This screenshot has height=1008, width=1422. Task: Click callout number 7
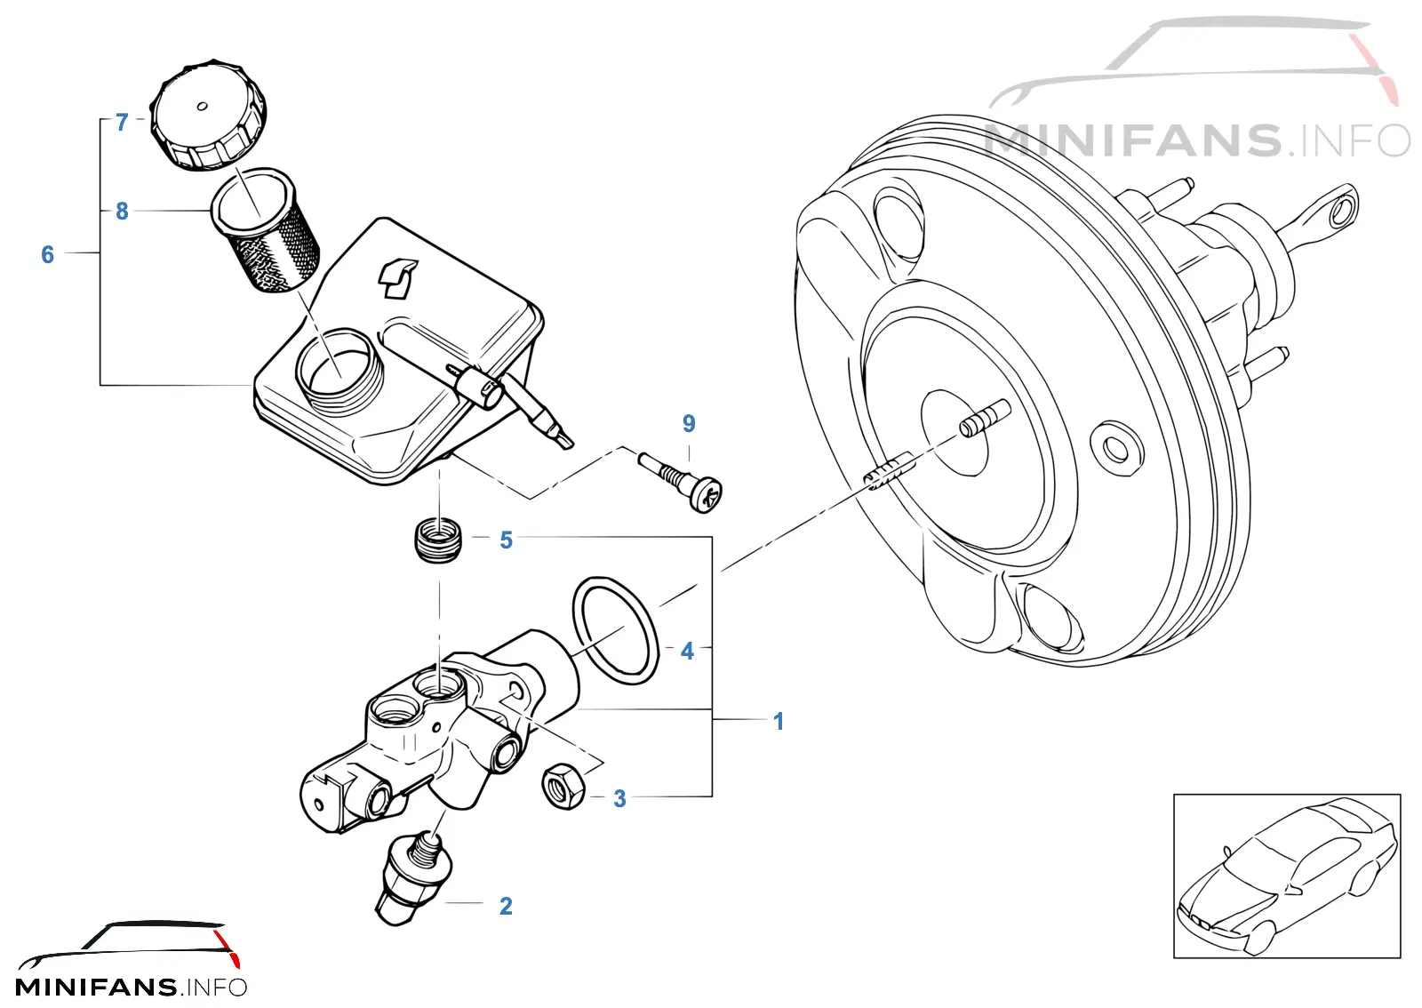coord(122,122)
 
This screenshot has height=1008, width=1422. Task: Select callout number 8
coord(122,211)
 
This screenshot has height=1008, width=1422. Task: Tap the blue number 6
coord(48,254)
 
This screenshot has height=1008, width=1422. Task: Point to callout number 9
coord(689,423)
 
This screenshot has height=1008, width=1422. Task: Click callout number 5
coord(506,540)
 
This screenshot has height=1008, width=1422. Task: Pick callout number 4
coord(687,651)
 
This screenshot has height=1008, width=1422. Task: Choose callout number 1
coord(779,721)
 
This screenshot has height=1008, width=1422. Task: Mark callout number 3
coord(619,798)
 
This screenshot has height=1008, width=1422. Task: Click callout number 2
coord(506,906)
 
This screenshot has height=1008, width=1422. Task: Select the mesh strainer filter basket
coord(266,230)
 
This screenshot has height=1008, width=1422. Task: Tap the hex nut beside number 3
coord(563,787)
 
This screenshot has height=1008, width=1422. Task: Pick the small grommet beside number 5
coord(438,540)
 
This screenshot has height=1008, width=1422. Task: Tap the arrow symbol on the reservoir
coord(397,277)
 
